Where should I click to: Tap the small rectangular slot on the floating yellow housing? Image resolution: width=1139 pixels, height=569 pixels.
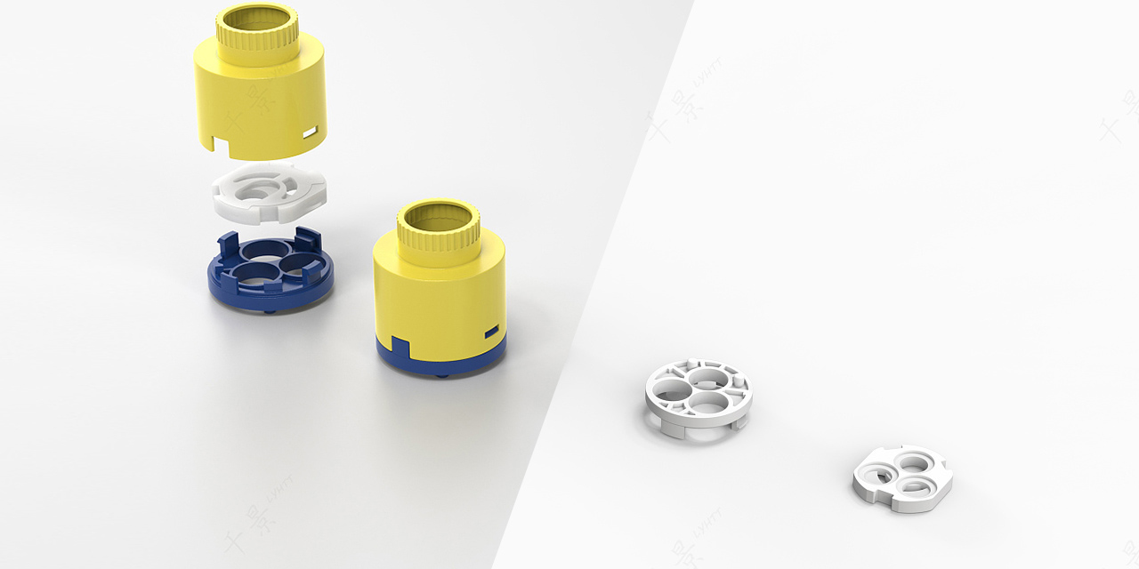point(310,133)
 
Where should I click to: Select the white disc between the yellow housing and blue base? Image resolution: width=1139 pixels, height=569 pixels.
point(270,193)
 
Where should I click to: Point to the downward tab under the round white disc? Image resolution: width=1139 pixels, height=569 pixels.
point(677,433)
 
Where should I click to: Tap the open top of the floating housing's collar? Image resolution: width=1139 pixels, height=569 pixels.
point(257,16)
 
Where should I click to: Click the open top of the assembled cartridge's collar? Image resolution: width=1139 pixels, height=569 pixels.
point(438,214)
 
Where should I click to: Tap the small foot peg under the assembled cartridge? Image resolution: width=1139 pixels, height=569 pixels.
point(443,376)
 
